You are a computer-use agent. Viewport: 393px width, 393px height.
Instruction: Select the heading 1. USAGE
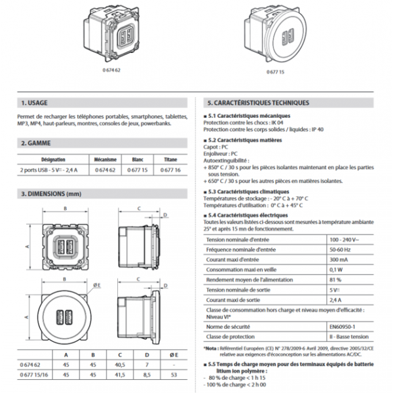pos(35,103)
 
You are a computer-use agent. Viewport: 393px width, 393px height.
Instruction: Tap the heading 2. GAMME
pos(36,142)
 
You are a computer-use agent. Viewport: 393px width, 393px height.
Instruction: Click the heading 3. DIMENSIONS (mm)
pos(51,194)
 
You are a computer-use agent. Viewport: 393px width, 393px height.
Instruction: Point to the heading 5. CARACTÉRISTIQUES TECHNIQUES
pos(257,103)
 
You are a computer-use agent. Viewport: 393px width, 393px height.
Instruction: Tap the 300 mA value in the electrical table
pos(340,260)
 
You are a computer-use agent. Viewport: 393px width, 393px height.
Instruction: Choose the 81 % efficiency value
pos(337,280)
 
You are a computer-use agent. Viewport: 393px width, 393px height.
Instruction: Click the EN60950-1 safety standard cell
pos(345,325)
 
